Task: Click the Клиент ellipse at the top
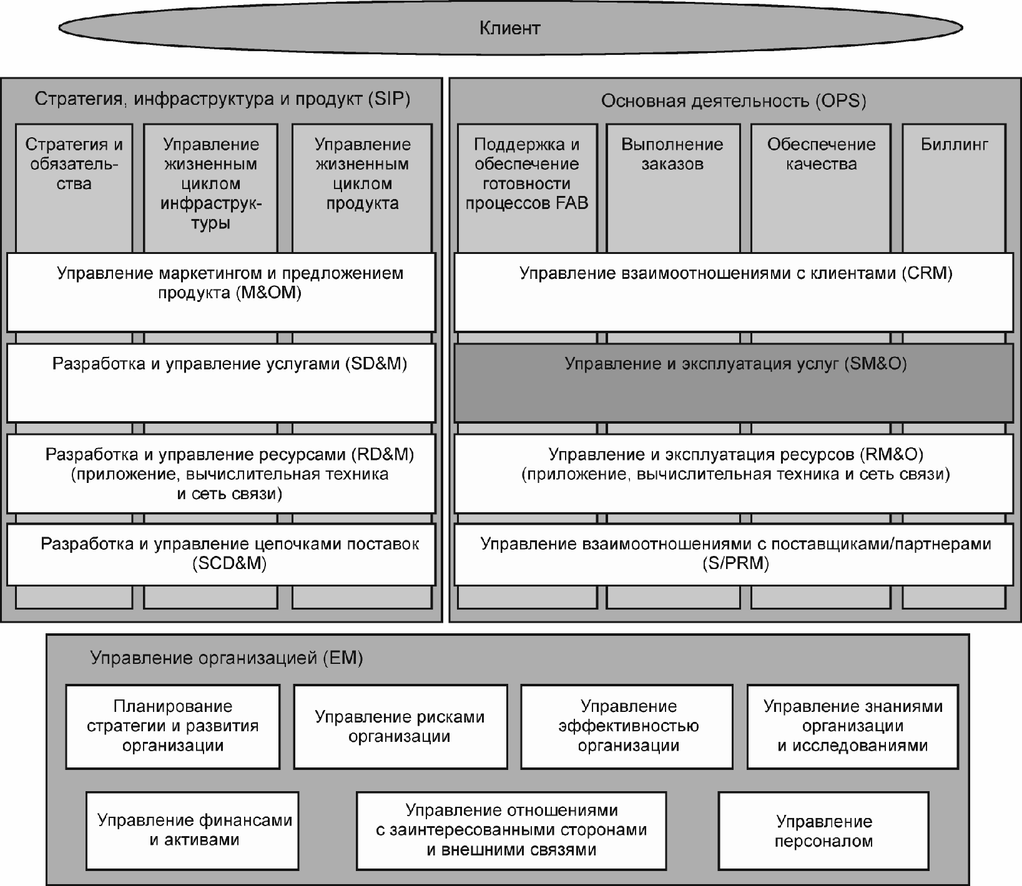[x=510, y=28]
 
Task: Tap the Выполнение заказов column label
[x=672, y=154]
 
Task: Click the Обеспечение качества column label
[x=821, y=154]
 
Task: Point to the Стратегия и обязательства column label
[x=74, y=164]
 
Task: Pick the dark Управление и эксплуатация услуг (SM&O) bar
[x=734, y=382]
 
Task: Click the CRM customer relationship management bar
[x=734, y=292]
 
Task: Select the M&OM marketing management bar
[x=221, y=292]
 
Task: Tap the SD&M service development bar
[x=221, y=382]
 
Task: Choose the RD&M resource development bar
[x=221, y=474]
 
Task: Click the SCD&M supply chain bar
[x=221, y=555]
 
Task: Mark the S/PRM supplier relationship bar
[x=734, y=555]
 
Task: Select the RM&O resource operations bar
[x=734, y=474]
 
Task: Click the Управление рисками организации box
[x=400, y=727]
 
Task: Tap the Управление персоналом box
[x=823, y=831]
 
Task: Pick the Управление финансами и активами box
[x=192, y=831]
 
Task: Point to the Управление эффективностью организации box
[x=627, y=727]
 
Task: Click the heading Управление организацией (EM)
[x=227, y=658]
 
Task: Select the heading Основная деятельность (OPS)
[x=734, y=101]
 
